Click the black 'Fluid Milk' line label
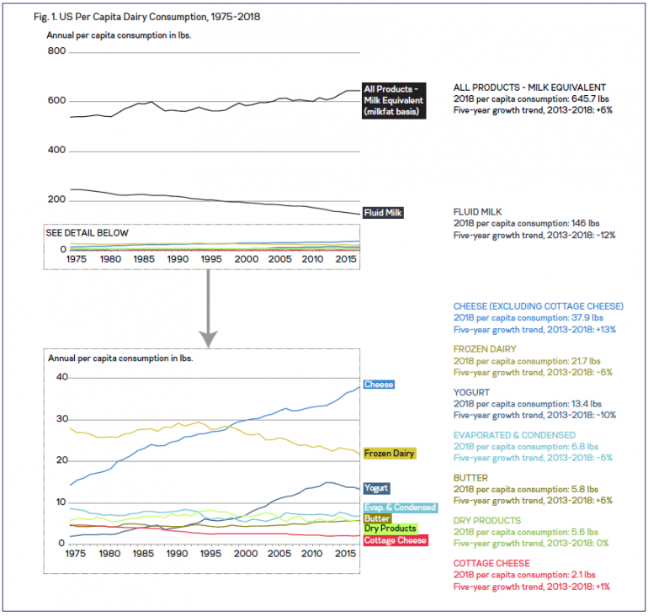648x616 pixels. [x=383, y=213]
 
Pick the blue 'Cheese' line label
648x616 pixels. [x=378, y=385]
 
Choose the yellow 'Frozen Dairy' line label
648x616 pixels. [x=389, y=454]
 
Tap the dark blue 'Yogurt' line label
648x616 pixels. [x=375, y=488]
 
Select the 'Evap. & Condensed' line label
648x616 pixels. [x=400, y=507]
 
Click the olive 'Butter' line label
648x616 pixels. [x=377, y=518]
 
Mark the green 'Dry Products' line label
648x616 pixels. [x=390, y=528]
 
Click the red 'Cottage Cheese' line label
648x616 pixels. [x=395, y=539]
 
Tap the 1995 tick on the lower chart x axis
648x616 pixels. [x=210, y=556]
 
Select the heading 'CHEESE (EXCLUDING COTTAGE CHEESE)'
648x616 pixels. [x=539, y=305]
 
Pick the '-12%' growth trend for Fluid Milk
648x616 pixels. [x=603, y=236]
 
